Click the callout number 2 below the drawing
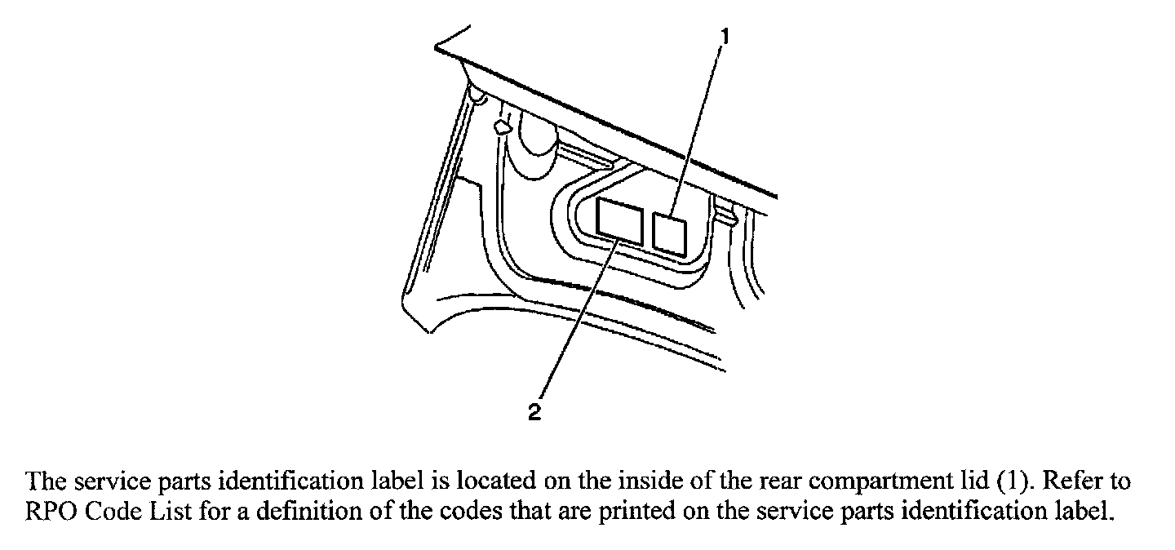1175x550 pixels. point(534,413)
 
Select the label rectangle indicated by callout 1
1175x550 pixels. point(670,233)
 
